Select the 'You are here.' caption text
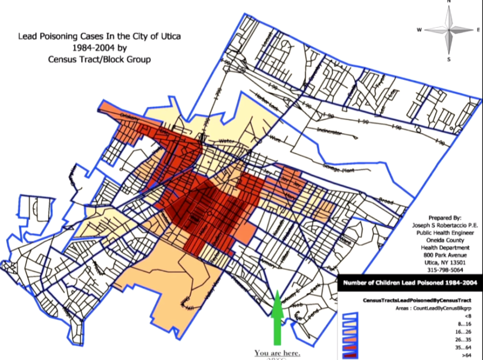point(277,353)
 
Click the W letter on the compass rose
point(419,30)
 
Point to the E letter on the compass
point(477,30)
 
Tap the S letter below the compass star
point(449,59)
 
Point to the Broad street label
point(386,200)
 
